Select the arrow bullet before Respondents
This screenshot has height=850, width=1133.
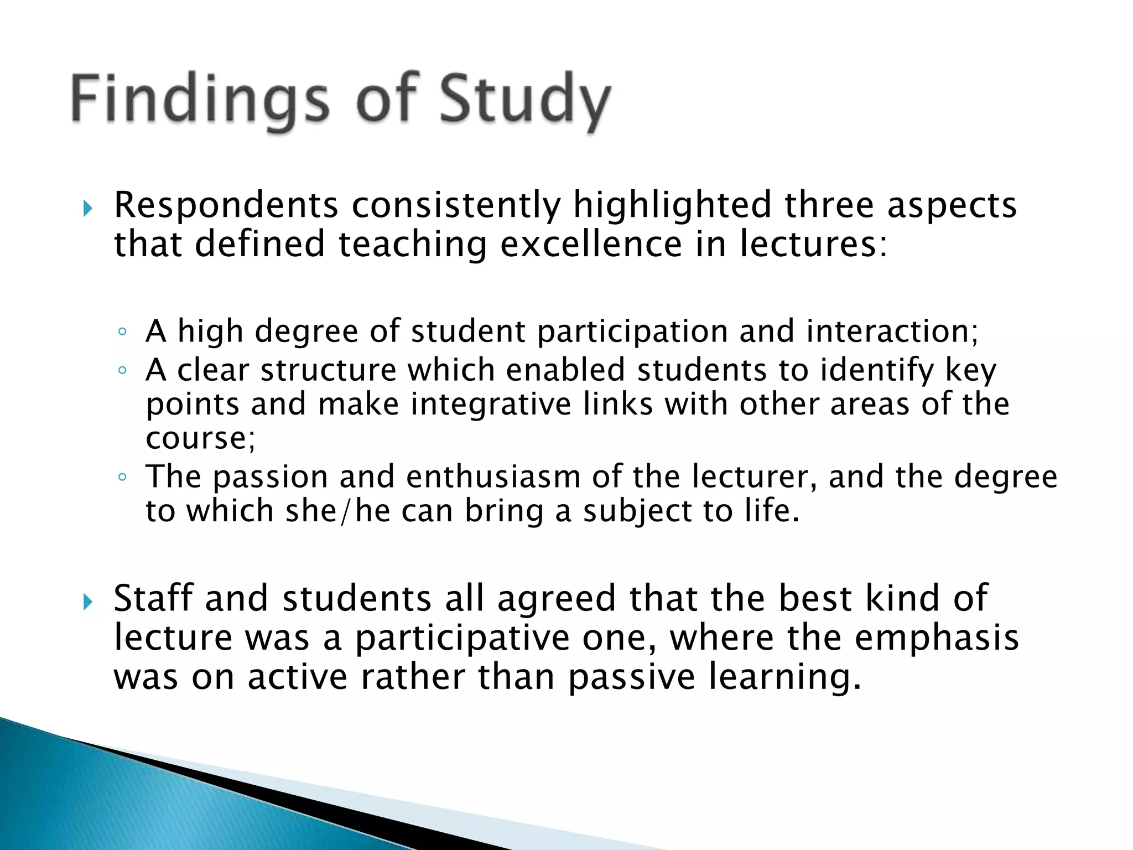(87, 209)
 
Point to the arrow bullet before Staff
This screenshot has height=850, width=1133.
(87, 602)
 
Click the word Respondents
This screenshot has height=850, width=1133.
(226, 205)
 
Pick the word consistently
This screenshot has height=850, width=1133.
(456, 206)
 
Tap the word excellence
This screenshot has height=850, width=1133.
(591, 244)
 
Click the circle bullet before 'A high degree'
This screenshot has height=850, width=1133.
(122, 333)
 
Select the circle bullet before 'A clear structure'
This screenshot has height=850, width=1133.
(122, 371)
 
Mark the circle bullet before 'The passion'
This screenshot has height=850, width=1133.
(122, 477)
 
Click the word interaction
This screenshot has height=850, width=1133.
(892, 331)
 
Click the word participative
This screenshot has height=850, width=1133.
(462, 639)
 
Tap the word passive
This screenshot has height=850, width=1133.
(631, 677)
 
